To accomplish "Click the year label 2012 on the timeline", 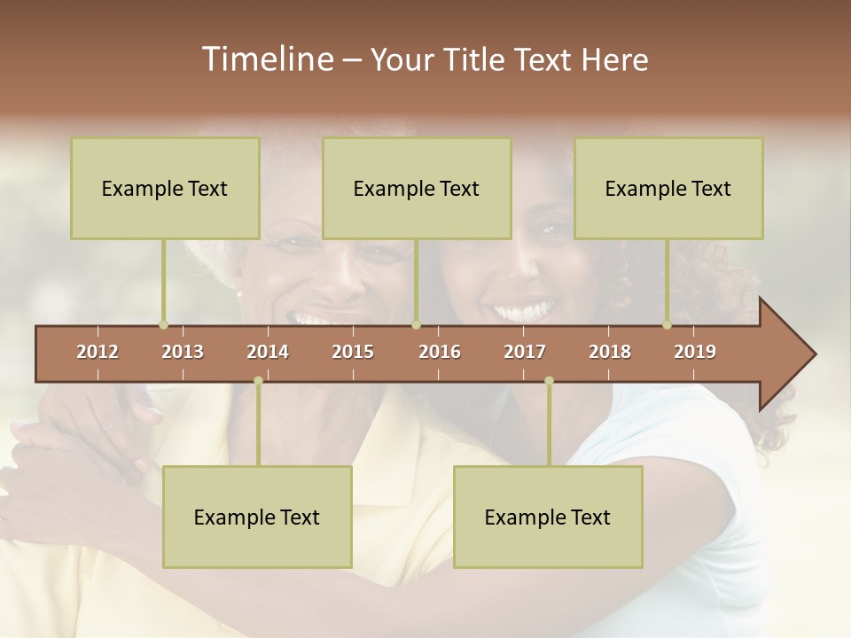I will click(98, 352).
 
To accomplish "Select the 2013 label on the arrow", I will click(183, 352).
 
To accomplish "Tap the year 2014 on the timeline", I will click(268, 352).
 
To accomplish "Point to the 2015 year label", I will click(353, 352).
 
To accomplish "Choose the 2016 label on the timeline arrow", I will click(440, 352).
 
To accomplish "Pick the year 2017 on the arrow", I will click(525, 352).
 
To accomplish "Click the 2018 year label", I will click(610, 352).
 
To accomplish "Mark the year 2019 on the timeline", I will click(695, 352).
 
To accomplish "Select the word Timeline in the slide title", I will click(266, 59).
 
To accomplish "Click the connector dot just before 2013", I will click(163, 325).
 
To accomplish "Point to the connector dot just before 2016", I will click(416, 325).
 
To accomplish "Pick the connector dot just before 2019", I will click(668, 325).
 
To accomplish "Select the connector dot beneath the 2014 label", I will click(258, 381).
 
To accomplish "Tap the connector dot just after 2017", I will click(549, 381).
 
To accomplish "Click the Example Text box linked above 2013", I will click(165, 188).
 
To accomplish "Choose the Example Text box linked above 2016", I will click(417, 188).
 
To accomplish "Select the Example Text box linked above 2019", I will click(668, 188).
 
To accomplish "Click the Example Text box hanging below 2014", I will click(257, 517).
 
